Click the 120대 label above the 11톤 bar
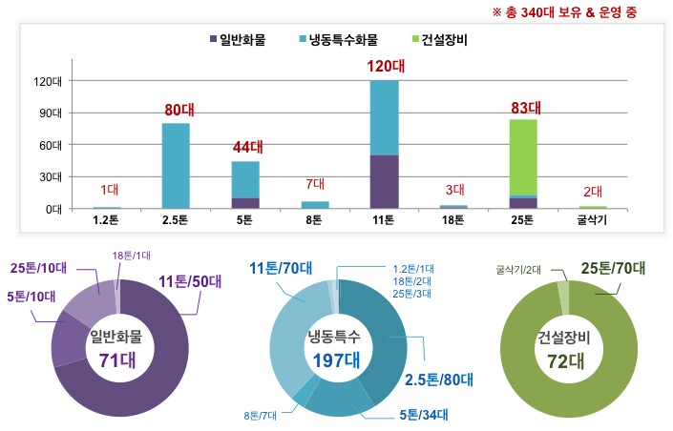click(385, 67)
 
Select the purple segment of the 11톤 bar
click(385, 181)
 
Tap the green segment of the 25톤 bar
click(523, 157)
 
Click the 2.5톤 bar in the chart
click(176, 165)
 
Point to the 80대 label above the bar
click(177, 110)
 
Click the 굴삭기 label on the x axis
click(593, 220)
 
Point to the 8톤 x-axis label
click(315, 220)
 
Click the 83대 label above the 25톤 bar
click(524, 107)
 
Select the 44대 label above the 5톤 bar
click(246, 148)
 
